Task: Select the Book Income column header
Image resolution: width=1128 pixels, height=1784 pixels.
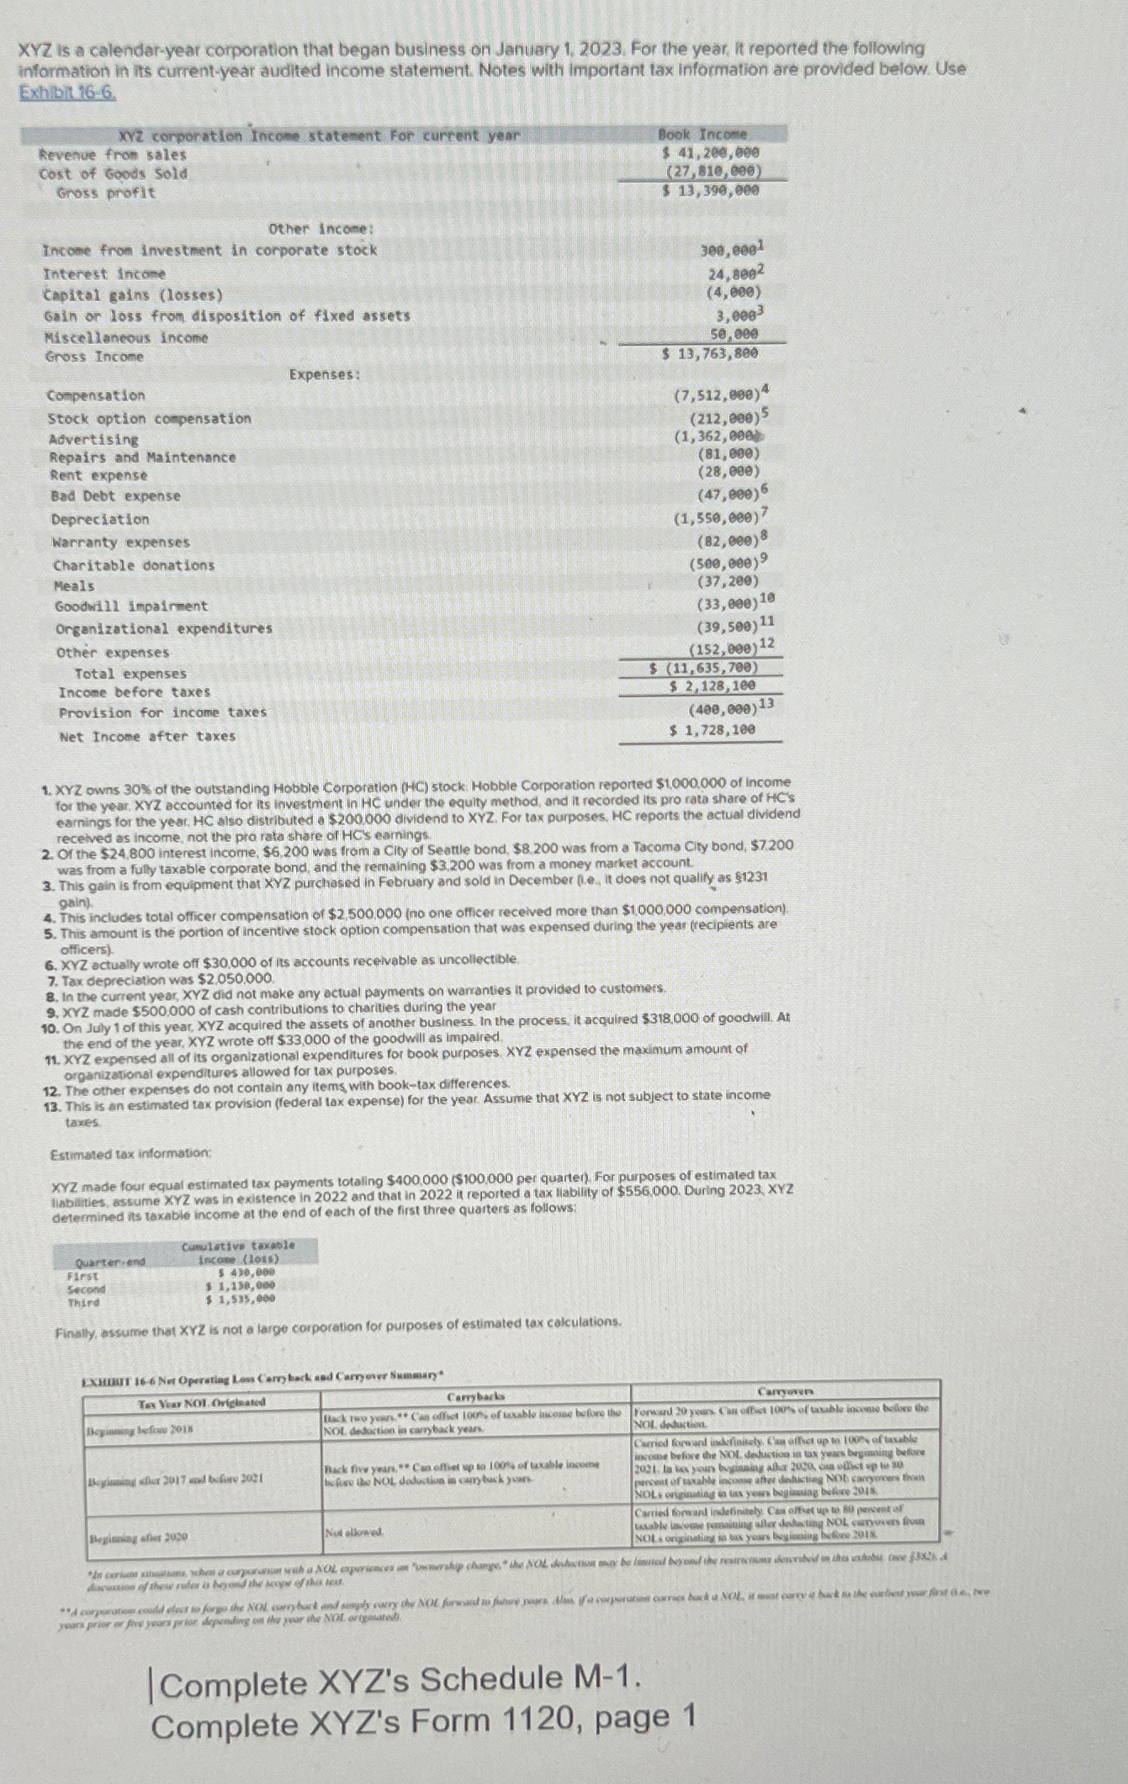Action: pos(702,135)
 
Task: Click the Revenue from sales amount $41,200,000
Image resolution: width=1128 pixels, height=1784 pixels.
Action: pos(711,153)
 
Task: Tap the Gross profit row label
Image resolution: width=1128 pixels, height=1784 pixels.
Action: pos(106,193)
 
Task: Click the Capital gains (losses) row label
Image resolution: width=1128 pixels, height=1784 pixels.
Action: pos(134,295)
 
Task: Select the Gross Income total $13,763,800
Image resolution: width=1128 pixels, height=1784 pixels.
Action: pos(710,353)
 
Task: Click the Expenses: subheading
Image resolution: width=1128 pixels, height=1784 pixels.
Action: pos(325,374)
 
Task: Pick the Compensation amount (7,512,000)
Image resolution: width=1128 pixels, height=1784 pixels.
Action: pos(718,395)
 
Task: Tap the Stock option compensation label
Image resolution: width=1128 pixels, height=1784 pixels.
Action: pos(149,418)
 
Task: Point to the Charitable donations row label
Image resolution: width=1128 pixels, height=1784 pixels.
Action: pos(134,565)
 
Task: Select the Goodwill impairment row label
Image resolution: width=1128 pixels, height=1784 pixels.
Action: pos(131,606)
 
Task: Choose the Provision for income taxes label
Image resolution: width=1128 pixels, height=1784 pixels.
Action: pos(162,712)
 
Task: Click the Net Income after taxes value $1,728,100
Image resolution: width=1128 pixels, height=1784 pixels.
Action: pos(712,730)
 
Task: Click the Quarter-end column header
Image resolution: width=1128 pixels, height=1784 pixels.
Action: pos(111,1262)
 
